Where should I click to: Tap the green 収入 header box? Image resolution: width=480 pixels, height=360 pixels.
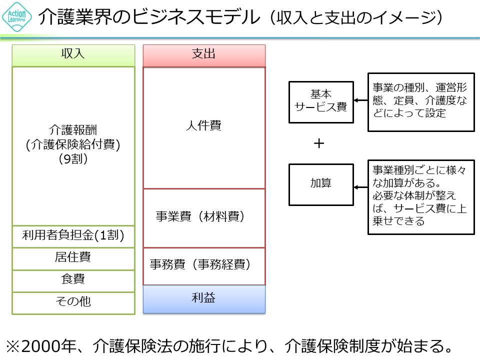(x=73, y=54)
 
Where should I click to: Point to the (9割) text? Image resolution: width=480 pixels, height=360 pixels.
(x=73, y=160)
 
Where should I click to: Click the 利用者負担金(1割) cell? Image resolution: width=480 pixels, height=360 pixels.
(x=73, y=236)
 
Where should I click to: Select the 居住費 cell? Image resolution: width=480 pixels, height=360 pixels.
(x=73, y=258)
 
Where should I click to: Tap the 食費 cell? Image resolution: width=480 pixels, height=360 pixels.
(x=73, y=280)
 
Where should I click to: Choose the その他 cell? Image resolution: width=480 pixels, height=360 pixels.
(x=73, y=301)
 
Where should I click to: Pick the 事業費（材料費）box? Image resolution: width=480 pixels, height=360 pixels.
(x=204, y=217)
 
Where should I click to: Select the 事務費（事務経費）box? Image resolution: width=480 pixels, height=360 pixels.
(x=204, y=265)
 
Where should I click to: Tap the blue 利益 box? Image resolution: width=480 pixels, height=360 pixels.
(x=204, y=298)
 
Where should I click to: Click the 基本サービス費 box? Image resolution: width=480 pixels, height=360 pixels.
(x=320, y=101)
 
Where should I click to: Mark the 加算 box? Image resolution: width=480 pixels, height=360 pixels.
(x=320, y=183)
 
